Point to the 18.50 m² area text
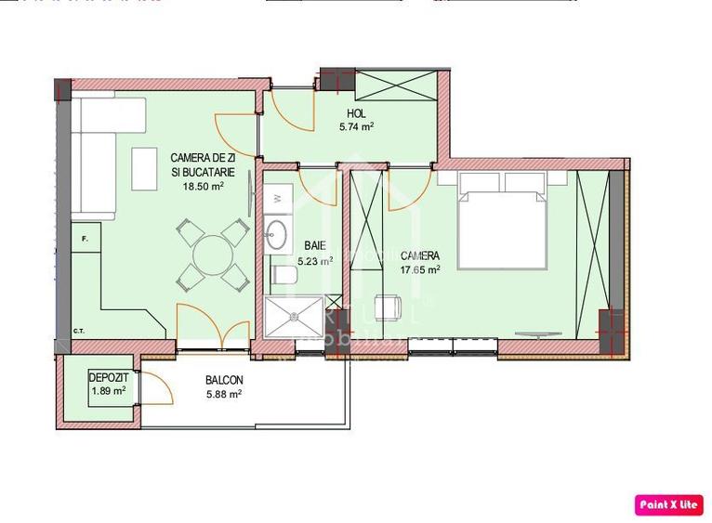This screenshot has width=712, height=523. click(203, 185)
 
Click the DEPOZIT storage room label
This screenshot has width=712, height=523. click(108, 378)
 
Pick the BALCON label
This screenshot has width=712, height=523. click(224, 380)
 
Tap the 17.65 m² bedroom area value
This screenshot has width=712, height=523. click(420, 269)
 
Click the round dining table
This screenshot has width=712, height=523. click(212, 253)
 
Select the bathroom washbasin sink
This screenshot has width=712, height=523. click(277, 231)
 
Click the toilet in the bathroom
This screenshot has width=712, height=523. click(283, 275)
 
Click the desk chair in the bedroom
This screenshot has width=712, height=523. click(389, 307)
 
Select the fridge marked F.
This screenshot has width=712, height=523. click(86, 241)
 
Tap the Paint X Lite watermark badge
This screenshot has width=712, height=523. click(668, 504)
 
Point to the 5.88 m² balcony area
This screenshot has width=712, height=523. click(224, 394)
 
